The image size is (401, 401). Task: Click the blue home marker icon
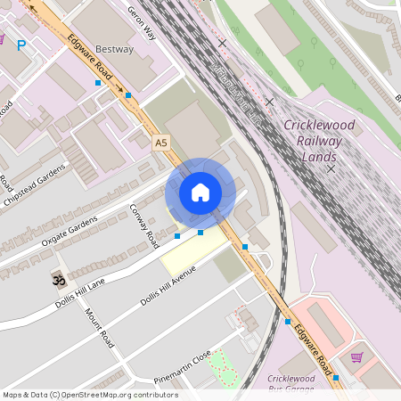point(200,192)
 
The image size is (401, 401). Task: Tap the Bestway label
point(114,49)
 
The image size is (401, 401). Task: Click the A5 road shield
point(160,142)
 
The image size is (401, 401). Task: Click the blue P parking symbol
point(21,45)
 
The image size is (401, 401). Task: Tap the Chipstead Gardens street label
point(35,182)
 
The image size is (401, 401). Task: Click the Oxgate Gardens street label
point(70,231)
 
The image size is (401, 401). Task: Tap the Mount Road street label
point(100,328)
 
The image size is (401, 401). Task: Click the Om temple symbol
point(59,280)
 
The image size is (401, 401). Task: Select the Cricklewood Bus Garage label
point(292,384)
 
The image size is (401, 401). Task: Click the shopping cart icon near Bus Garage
point(356,357)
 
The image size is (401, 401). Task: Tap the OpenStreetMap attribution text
point(89,395)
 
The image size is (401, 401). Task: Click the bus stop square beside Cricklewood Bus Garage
point(336,378)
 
